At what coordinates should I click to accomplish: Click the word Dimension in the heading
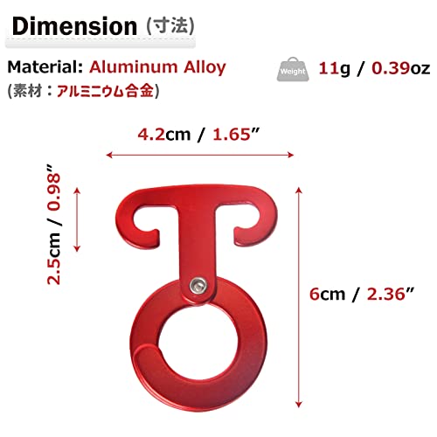pos(74,25)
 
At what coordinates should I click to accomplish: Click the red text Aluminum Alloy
pos(157,67)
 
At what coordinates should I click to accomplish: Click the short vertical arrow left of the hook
pos(79,218)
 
